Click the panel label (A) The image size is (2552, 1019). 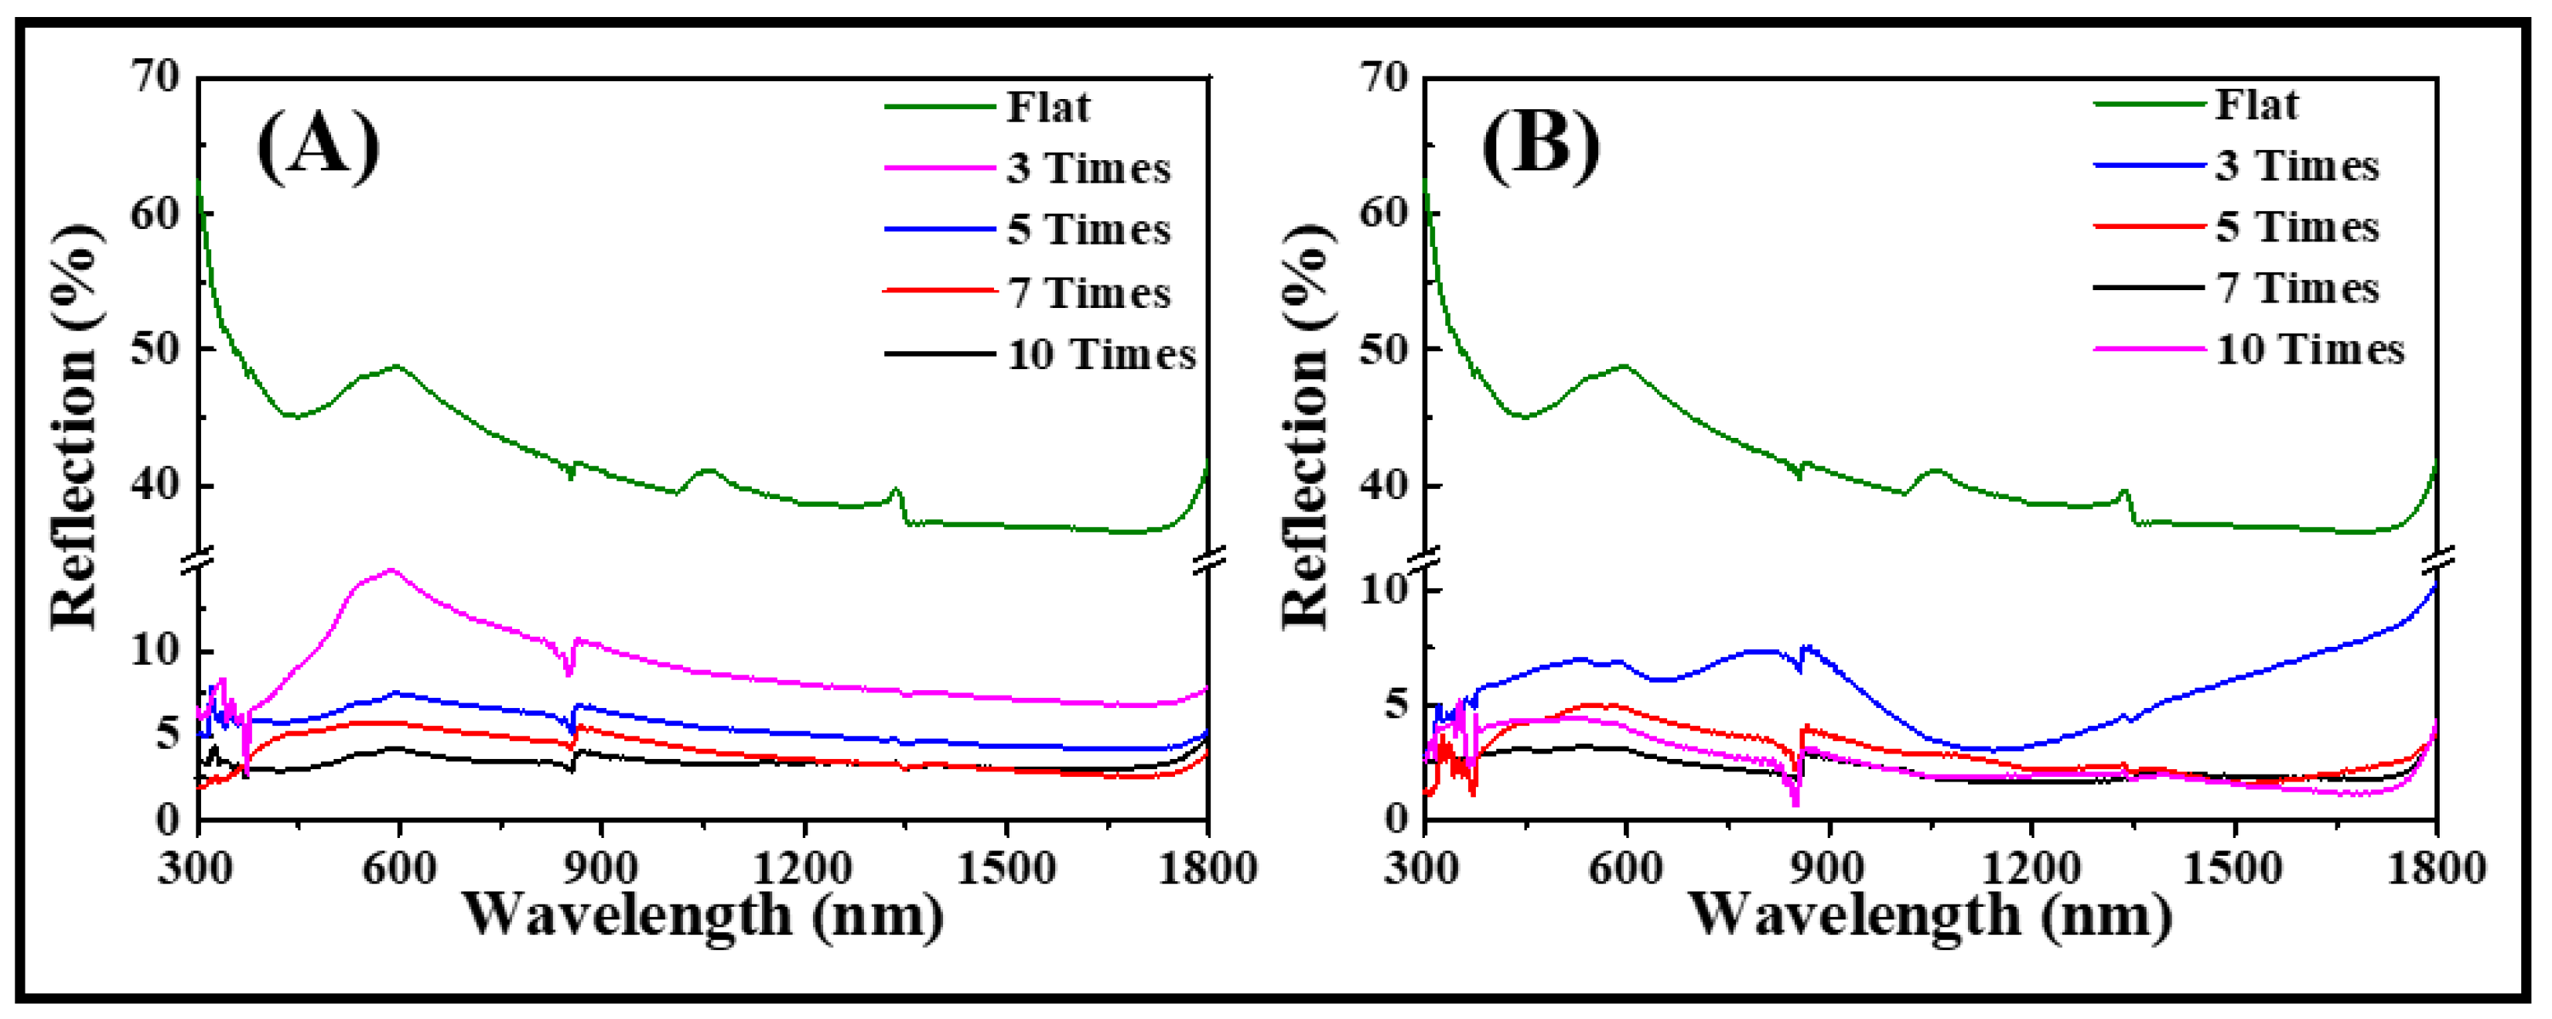coord(318,147)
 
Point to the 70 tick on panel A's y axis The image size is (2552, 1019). coord(155,77)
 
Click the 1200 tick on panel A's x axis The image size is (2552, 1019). coord(804,868)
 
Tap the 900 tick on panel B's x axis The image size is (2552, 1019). coord(1828,868)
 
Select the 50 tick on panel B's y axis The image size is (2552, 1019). coord(1383,349)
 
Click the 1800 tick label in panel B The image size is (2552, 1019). coord(2435,868)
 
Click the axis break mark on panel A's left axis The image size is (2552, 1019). coord(198,561)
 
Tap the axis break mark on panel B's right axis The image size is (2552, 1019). coord(2437,559)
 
